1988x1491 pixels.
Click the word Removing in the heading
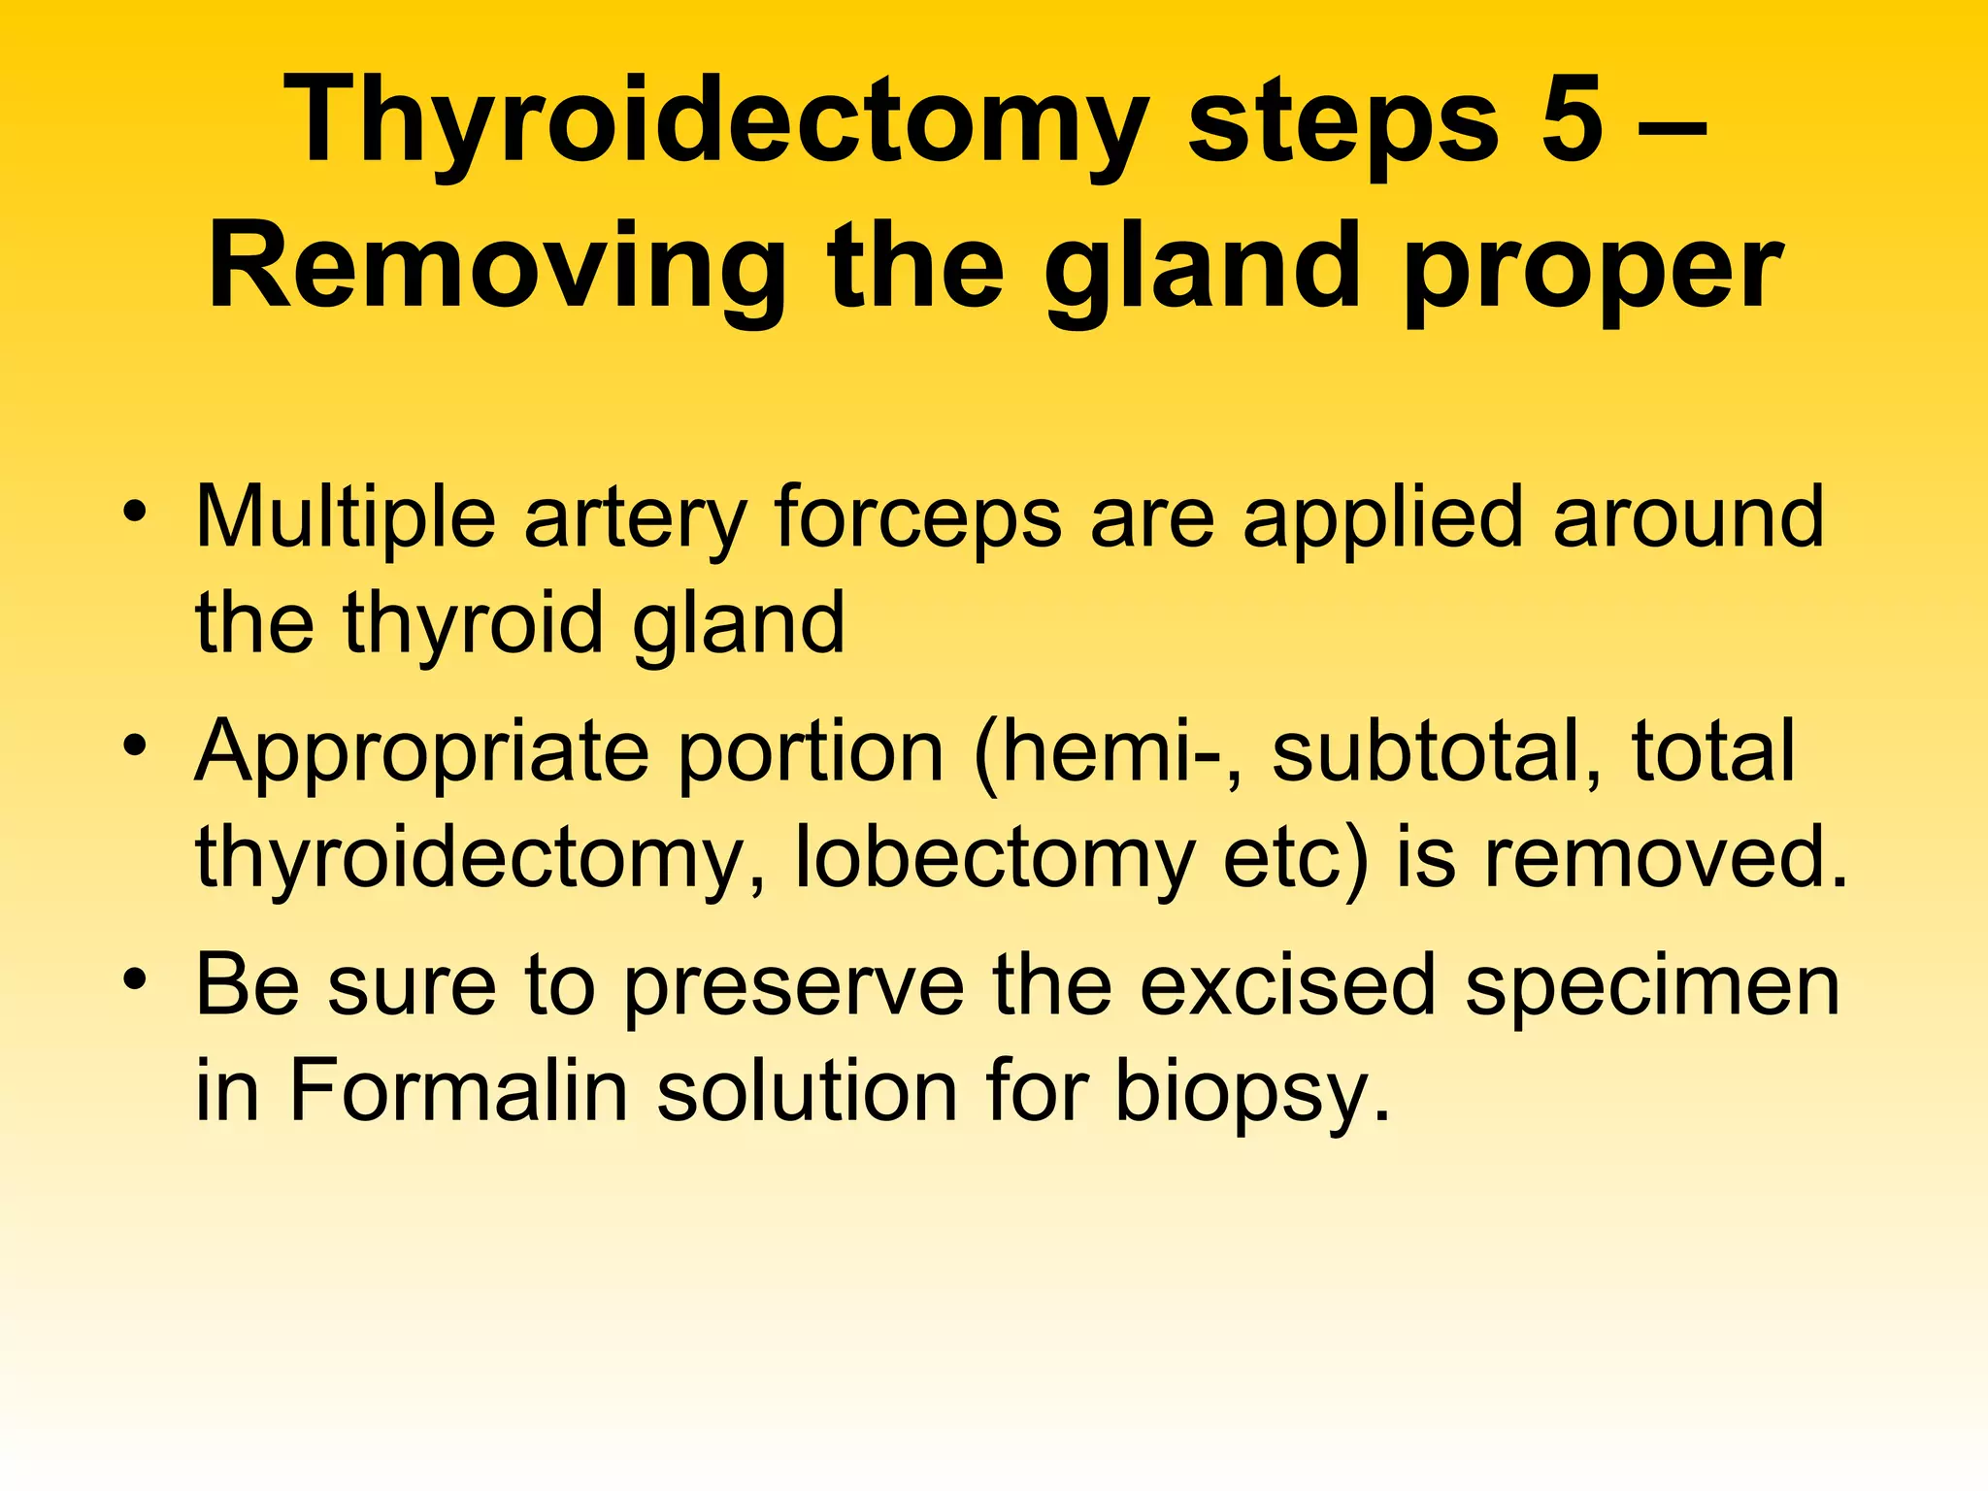pyautogui.click(x=496, y=267)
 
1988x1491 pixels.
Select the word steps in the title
pyautogui.click(x=1344, y=126)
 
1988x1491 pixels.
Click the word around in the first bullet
pyautogui.click(x=1688, y=517)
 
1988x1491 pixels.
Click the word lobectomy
pyautogui.click(x=995, y=859)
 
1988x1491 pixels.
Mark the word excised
pyautogui.click(x=1286, y=985)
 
